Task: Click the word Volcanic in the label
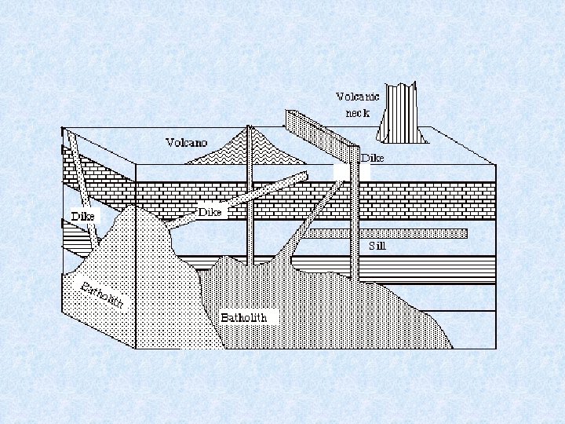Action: [357, 97]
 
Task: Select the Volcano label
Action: [186, 142]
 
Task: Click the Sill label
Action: [377, 245]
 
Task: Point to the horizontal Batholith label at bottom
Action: [243, 317]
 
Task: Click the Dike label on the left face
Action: [82, 216]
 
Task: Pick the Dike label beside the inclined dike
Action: [210, 212]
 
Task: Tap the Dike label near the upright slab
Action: [373, 158]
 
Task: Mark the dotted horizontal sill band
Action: [385, 233]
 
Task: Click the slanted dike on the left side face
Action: [82, 188]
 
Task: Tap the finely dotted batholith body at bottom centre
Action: [314, 314]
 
